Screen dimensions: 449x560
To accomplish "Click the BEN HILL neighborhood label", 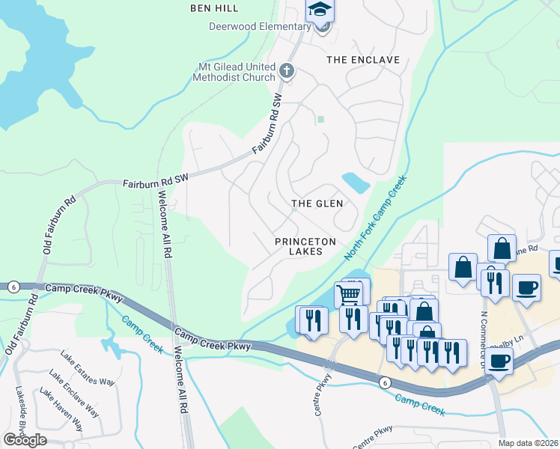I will [214, 8].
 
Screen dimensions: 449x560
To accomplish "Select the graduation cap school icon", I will [320, 10].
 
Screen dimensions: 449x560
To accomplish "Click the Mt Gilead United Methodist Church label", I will [237, 72].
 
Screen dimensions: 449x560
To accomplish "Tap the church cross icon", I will [285, 72].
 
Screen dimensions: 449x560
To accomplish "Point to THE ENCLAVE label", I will [363, 59].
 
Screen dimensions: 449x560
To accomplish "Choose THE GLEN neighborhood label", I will [317, 204].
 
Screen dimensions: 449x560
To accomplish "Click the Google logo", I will [25, 440].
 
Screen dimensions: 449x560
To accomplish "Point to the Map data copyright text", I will [528, 443].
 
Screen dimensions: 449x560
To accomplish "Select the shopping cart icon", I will [349, 293].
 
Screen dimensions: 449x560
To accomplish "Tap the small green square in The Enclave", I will [321, 119].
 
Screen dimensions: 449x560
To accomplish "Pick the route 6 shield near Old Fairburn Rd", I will [13, 286].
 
